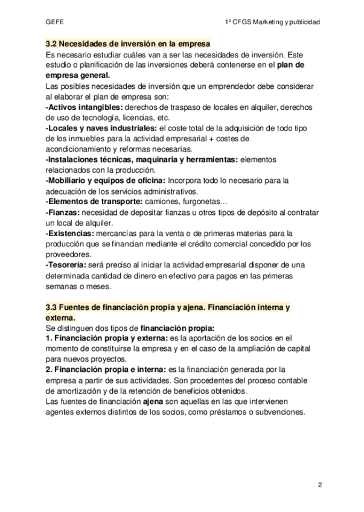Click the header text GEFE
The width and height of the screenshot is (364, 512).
point(54,22)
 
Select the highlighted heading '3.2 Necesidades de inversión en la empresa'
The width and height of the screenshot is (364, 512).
point(128,44)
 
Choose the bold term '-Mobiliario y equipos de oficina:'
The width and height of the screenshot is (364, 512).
point(106,180)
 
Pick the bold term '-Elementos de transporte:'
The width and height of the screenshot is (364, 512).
point(94,201)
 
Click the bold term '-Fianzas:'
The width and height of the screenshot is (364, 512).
point(62,212)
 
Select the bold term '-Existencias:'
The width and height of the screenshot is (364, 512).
point(69,232)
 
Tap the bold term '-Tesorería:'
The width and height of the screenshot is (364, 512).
point(66,264)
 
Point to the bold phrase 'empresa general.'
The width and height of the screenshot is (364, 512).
point(78,75)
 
